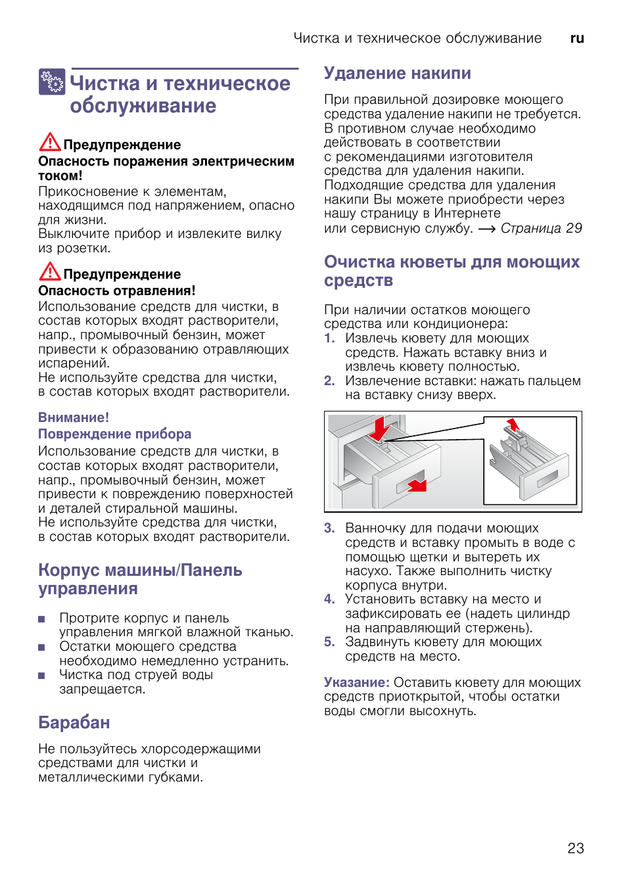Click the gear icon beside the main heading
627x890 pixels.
[52, 82]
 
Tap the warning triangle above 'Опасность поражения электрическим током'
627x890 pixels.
[50, 142]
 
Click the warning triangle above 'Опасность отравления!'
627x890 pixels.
[50, 271]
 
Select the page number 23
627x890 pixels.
[576, 848]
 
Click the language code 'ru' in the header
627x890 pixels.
[577, 38]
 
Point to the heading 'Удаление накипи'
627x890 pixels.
[397, 73]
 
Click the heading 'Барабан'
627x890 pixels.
[74, 722]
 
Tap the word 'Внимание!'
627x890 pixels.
[74, 417]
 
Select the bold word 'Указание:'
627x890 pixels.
[357, 682]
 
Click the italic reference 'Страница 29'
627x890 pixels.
[541, 228]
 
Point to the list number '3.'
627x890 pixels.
[329, 528]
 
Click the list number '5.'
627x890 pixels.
[329, 642]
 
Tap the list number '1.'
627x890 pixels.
[329, 338]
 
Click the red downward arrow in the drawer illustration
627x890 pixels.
[379, 429]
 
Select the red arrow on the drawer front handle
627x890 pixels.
[417, 485]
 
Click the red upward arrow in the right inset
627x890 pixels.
[513, 424]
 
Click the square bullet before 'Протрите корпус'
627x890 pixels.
[41, 619]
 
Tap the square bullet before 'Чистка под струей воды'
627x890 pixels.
[41, 675]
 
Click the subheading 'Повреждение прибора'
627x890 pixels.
[114, 434]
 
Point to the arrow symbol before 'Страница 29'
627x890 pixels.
[486, 229]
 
